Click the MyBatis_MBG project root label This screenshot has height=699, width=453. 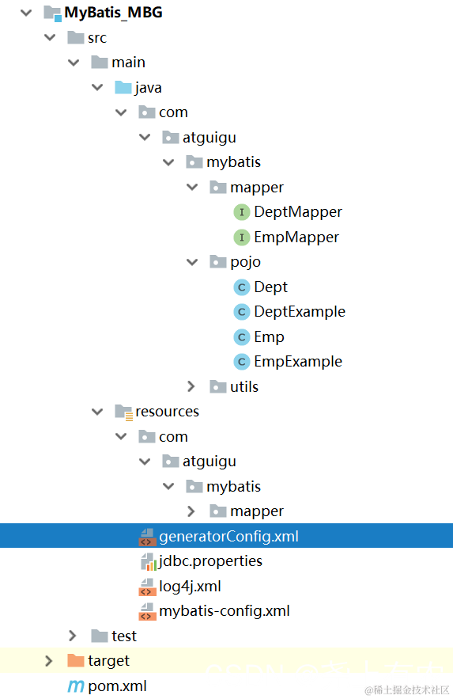point(113,13)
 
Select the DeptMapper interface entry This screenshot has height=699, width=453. point(298,211)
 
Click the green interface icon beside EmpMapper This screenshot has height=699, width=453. point(242,237)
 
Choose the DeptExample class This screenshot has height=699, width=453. point(300,312)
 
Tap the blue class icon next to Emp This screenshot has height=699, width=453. point(242,337)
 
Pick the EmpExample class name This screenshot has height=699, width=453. point(298,362)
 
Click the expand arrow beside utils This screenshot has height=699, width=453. point(191,386)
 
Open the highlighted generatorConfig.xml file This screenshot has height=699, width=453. point(228,536)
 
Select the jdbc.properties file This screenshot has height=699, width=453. point(210,561)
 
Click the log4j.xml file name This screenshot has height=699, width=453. point(190,587)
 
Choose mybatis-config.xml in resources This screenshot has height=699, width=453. point(225,611)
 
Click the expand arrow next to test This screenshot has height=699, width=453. point(73,636)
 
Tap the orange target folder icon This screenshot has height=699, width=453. point(76,661)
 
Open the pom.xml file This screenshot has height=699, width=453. point(118,686)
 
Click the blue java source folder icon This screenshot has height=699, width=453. point(123,87)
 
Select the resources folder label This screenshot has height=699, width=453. point(168,412)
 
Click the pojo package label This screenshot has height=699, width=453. point(245,262)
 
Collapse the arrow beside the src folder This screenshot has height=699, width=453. point(50,37)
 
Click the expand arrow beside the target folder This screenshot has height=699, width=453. point(48,661)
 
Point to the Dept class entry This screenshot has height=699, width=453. point(270,287)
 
